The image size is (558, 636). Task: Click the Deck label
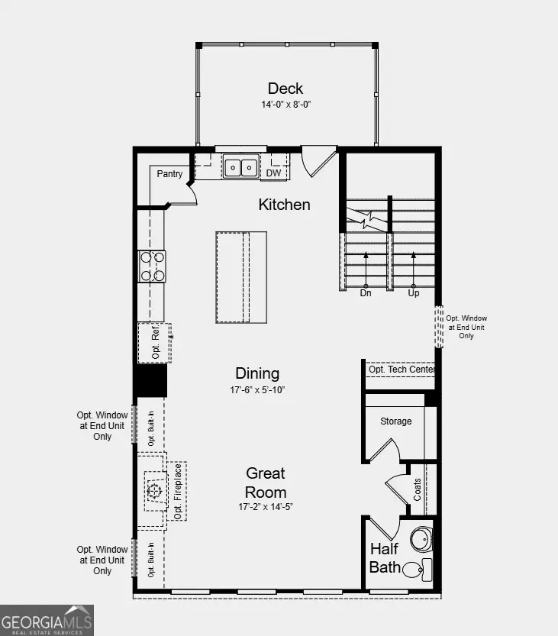tap(285, 88)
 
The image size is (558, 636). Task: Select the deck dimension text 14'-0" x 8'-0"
tap(285, 105)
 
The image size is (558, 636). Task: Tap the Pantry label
tap(169, 174)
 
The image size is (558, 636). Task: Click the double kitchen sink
tap(240, 166)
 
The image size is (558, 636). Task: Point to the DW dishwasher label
tap(273, 173)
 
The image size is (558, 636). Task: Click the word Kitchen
tap(284, 205)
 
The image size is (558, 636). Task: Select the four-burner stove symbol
tap(152, 266)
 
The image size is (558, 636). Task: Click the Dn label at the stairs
tap(365, 293)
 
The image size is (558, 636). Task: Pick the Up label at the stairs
tap(413, 293)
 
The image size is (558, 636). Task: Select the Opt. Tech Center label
tap(402, 370)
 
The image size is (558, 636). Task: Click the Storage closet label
tap(395, 421)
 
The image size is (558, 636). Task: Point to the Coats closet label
tap(418, 489)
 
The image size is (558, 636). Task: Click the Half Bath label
tap(384, 558)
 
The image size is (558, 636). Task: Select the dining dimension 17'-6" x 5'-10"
tap(256, 389)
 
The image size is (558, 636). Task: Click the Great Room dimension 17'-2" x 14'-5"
tap(265, 506)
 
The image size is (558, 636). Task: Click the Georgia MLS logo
tap(47, 620)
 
